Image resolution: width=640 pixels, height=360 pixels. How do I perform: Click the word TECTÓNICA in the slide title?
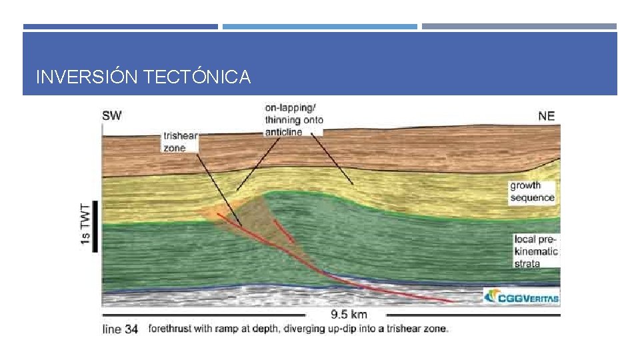click(x=197, y=77)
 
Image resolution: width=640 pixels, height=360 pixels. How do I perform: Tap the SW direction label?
click(x=112, y=115)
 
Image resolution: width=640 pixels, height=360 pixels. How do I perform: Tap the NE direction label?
click(x=546, y=116)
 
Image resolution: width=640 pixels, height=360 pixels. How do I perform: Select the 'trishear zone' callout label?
click(x=180, y=142)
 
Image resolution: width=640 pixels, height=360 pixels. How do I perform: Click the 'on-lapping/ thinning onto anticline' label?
click(x=293, y=119)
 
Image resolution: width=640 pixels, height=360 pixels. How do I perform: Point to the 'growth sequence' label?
click(x=532, y=191)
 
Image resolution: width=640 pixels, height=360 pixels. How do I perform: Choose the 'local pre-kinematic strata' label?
click(x=536, y=251)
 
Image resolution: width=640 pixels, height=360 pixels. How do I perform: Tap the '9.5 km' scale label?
click(x=349, y=314)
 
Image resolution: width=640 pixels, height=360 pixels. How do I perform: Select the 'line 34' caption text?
click(x=120, y=329)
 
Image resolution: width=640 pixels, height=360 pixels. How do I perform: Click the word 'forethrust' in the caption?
click(x=169, y=329)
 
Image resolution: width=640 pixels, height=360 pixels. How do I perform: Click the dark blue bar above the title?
click(x=120, y=27)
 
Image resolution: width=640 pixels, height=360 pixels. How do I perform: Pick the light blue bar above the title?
click(x=319, y=27)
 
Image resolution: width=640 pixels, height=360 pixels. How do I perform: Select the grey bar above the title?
click(x=519, y=27)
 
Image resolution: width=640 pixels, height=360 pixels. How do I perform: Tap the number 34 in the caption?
click(x=131, y=329)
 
